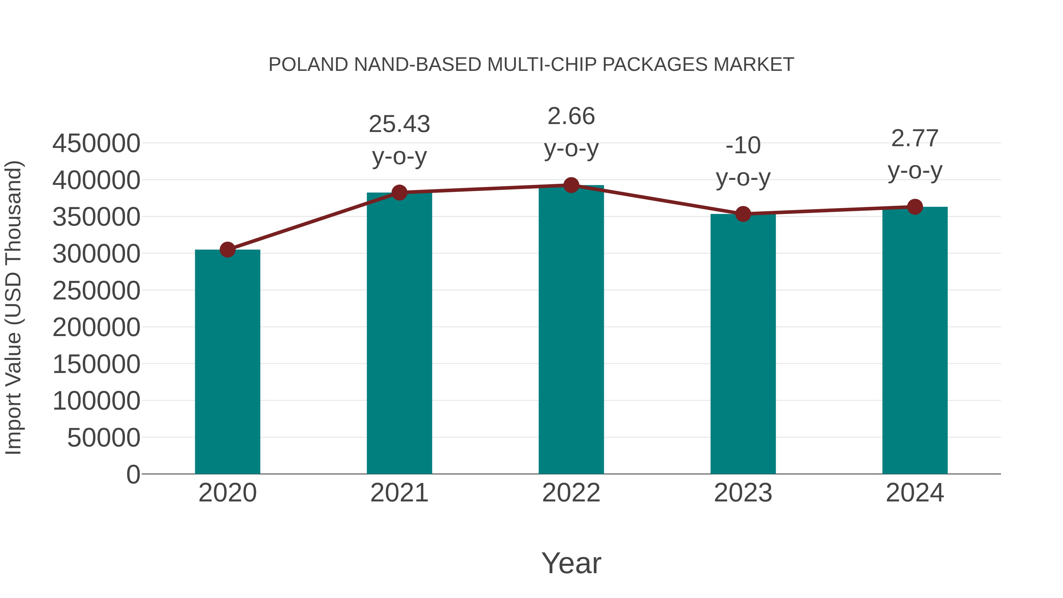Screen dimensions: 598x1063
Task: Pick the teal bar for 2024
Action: (x=915, y=340)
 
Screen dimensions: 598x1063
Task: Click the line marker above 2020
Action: (x=227, y=250)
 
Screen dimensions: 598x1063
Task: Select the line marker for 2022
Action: (x=571, y=185)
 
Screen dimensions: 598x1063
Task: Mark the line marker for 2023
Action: (x=743, y=214)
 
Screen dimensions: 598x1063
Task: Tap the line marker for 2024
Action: (x=915, y=207)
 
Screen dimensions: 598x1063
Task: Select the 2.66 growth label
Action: (x=571, y=116)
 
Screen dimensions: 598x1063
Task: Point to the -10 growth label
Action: (x=743, y=146)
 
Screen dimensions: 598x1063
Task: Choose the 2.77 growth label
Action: (x=915, y=139)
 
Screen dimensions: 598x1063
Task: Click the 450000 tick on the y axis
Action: (x=96, y=144)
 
